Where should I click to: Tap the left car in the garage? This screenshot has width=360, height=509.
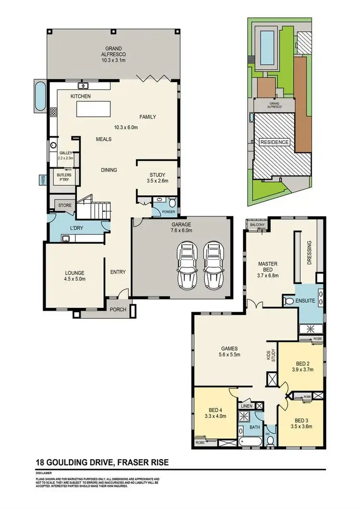point(186,264)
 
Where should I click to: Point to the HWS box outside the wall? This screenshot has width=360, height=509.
point(42,180)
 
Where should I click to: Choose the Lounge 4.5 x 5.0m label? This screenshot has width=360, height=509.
point(74,279)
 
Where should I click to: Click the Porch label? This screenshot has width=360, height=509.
point(118,310)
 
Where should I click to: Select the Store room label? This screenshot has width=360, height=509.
point(65,206)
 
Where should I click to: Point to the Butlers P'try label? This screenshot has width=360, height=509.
point(64,178)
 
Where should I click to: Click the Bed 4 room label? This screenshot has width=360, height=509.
point(216,413)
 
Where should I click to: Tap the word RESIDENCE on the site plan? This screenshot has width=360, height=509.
point(275,143)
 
